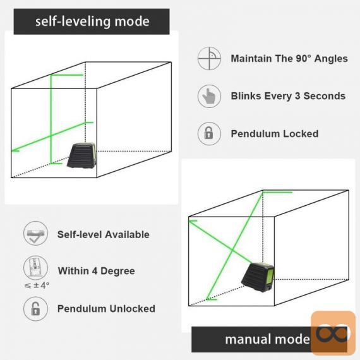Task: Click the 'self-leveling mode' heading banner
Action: tap(92, 21)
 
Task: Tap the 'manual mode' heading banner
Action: tap(269, 339)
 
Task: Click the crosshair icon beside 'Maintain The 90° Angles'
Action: tap(209, 58)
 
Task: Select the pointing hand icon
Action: tap(209, 96)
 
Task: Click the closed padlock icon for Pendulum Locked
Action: tap(209, 134)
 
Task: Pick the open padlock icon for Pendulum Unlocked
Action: tap(35, 309)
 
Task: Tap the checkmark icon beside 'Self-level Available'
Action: tap(35, 234)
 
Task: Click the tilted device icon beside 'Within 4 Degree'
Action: tap(35, 268)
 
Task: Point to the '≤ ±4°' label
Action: tap(37, 285)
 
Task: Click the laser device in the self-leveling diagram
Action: tap(81, 155)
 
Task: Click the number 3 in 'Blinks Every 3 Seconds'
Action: tap(297, 96)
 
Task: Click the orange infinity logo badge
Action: tap(333, 333)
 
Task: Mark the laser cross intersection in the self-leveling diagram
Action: tap(51, 136)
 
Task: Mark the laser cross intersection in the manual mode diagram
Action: tap(232, 249)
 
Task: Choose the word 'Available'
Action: tap(127, 234)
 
